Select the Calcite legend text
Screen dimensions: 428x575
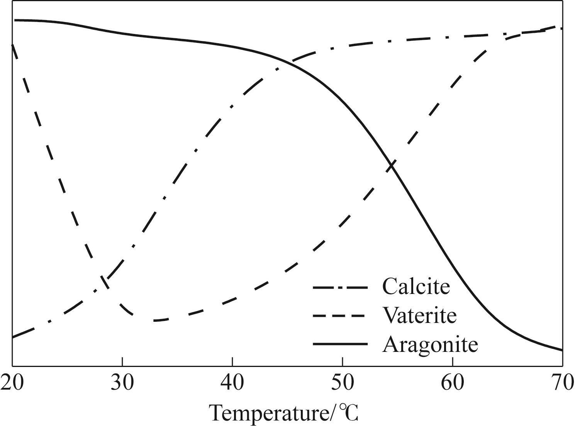pyautogui.click(x=416, y=287)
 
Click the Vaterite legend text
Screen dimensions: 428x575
pyautogui.click(x=419, y=315)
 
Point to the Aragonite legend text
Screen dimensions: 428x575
pyautogui.click(x=430, y=344)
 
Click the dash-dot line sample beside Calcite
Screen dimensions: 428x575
pyautogui.click(x=340, y=287)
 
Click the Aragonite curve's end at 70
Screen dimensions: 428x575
pyautogui.click(x=562, y=350)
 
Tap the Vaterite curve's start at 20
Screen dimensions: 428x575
pyautogui.click(x=13, y=46)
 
